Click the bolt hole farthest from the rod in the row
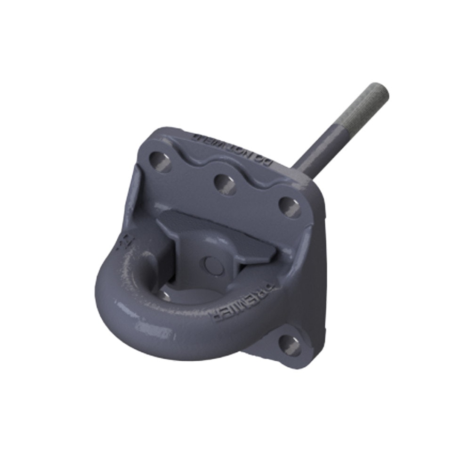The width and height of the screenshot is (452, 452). (x=161, y=161)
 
